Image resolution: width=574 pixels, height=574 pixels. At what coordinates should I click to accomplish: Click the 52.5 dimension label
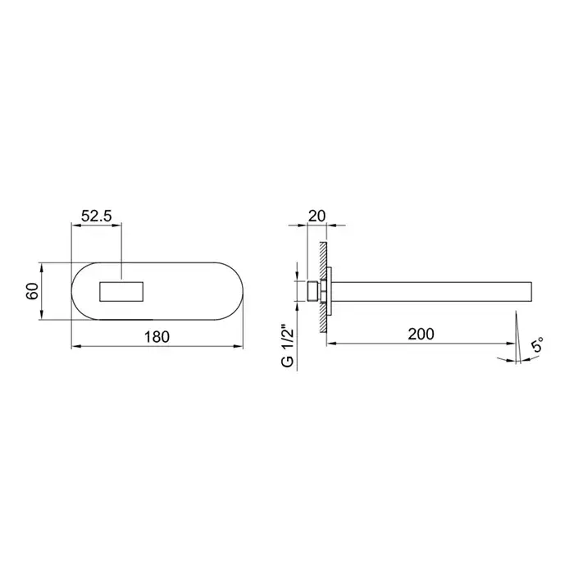tap(96, 216)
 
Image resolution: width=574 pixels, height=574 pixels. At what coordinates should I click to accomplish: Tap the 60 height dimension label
tap(32, 291)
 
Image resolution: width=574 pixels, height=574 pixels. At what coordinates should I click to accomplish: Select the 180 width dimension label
tap(157, 337)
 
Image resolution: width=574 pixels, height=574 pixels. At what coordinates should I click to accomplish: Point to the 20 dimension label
tap(317, 216)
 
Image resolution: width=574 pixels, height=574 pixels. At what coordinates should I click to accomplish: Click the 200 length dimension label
tap(421, 334)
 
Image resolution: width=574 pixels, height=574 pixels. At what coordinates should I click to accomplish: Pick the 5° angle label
tap(536, 345)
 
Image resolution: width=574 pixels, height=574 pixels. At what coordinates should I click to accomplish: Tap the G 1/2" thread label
tap(288, 345)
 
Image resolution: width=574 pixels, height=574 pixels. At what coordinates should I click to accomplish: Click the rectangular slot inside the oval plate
tap(121, 292)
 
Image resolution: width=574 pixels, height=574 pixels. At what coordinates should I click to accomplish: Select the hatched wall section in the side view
tap(323, 287)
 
